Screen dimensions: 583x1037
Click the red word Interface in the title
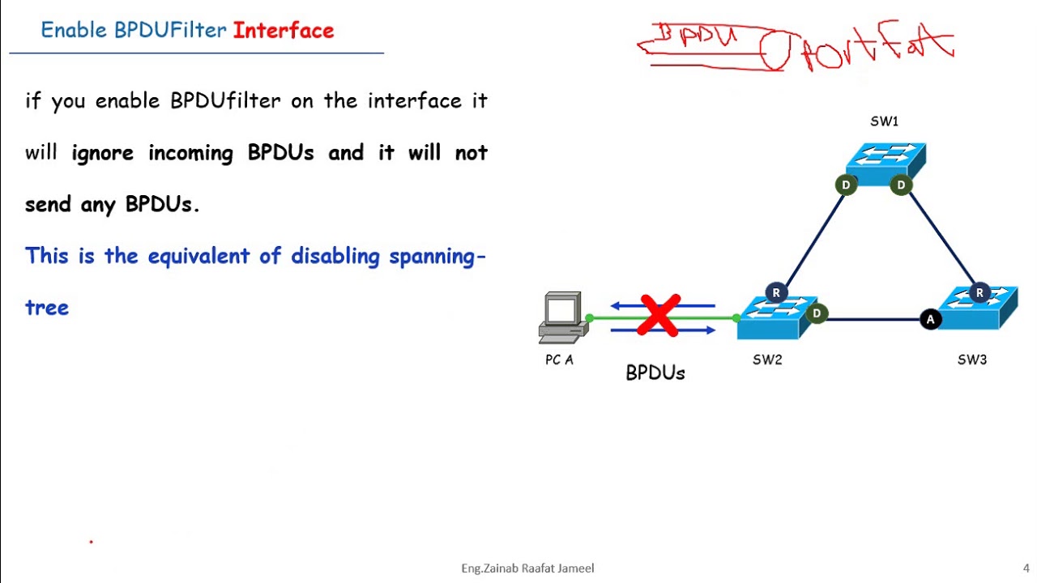pyautogui.click(x=284, y=31)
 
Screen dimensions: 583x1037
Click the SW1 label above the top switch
pyautogui.click(x=884, y=121)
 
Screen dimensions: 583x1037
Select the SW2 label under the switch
pyautogui.click(x=767, y=360)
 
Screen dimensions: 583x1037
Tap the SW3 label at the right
pyautogui.click(x=971, y=360)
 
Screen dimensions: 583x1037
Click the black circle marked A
pyautogui.click(x=930, y=319)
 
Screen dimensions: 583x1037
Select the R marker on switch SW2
pyautogui.click(x=776, y=293)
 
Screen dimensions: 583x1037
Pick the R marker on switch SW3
pyautogui.click(x=979, y=293)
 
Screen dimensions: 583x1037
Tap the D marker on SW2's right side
pyautogui.click(x=817, y=313)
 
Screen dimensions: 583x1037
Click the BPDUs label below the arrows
pyautogui.click(x=655, y=373)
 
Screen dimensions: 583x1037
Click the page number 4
pyautogui.click(x=1026, y=568)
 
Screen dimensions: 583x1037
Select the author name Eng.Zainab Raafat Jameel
pyautogui.click(x=527, y=568)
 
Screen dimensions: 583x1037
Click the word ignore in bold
pyautogui.click(x=103, y=153)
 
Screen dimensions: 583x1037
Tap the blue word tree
pyautogui.click(x=47, y=308)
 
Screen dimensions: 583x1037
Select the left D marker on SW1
pyautogui.click(x=846, y=185)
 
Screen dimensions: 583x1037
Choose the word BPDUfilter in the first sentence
pyautogui.click(x=225, y=101)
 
